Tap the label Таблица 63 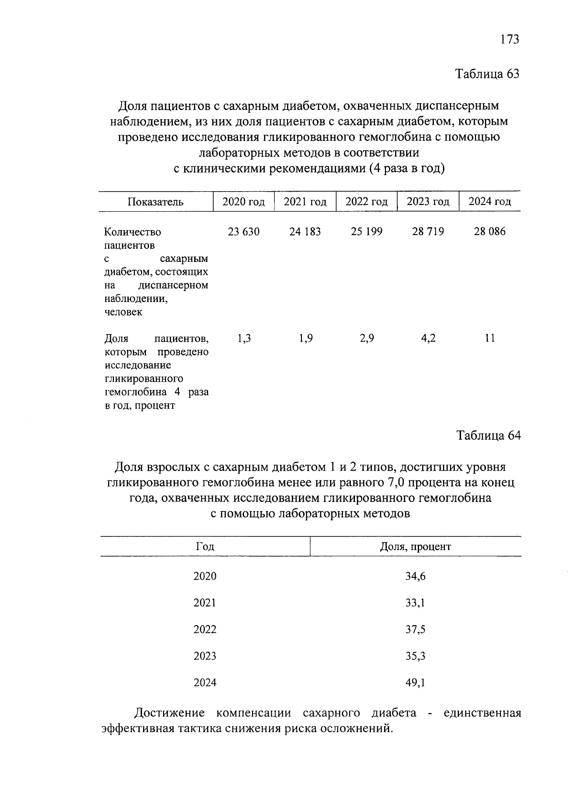(487, 74)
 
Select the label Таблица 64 (488, 436)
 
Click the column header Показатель (155, 202)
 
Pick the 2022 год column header (366, 202)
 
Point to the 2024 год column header (489, 202)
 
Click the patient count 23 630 (243, 232)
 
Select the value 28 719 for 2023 (428, 232)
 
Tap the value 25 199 (366, 232)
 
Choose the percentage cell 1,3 (244, 339)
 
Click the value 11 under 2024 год (489, 339)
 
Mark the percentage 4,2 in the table (428, 339)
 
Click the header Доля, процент (415, 547)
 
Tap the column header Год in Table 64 (205, 547)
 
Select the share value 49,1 (415, 683)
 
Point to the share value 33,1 (415, 603)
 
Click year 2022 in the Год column (205, 630)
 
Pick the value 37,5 (415, 630)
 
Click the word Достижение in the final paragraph (169, 714)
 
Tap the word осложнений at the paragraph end (356, 729)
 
